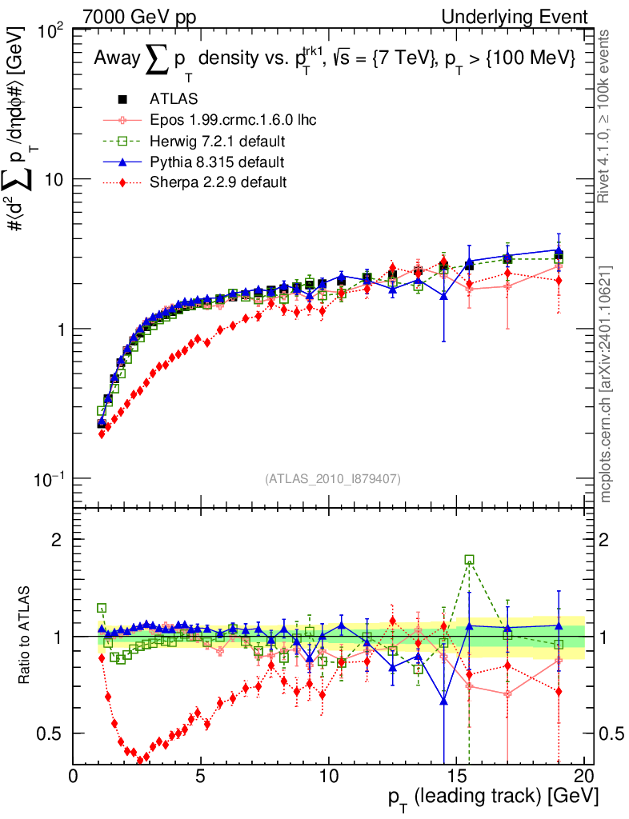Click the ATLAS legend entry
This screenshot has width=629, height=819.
point(173,99)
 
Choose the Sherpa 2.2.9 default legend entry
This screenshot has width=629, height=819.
point(218,182)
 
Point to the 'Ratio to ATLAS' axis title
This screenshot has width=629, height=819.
point(26,635)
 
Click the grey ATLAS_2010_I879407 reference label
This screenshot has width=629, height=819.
point(332,478)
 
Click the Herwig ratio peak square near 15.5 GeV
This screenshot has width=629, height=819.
point(469,560)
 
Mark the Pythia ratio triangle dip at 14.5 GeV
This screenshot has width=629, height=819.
point(443,701)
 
